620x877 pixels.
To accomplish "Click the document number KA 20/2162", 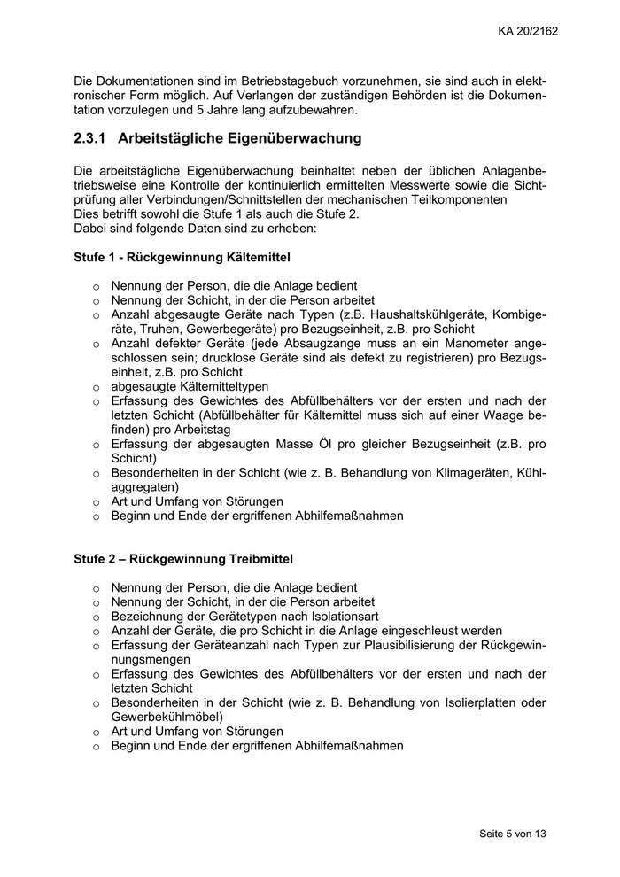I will [x=527, y=31].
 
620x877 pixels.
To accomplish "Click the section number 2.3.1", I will [x=90, y=138].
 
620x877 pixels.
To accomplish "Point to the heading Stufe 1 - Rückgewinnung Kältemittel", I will [x=182, y=257].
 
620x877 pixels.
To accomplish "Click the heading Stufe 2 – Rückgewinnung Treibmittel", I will [x=183, y=559].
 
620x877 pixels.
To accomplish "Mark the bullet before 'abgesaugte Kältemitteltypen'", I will [x=96, y=387].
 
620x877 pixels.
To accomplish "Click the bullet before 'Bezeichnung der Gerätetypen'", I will [x=96, y=617].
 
